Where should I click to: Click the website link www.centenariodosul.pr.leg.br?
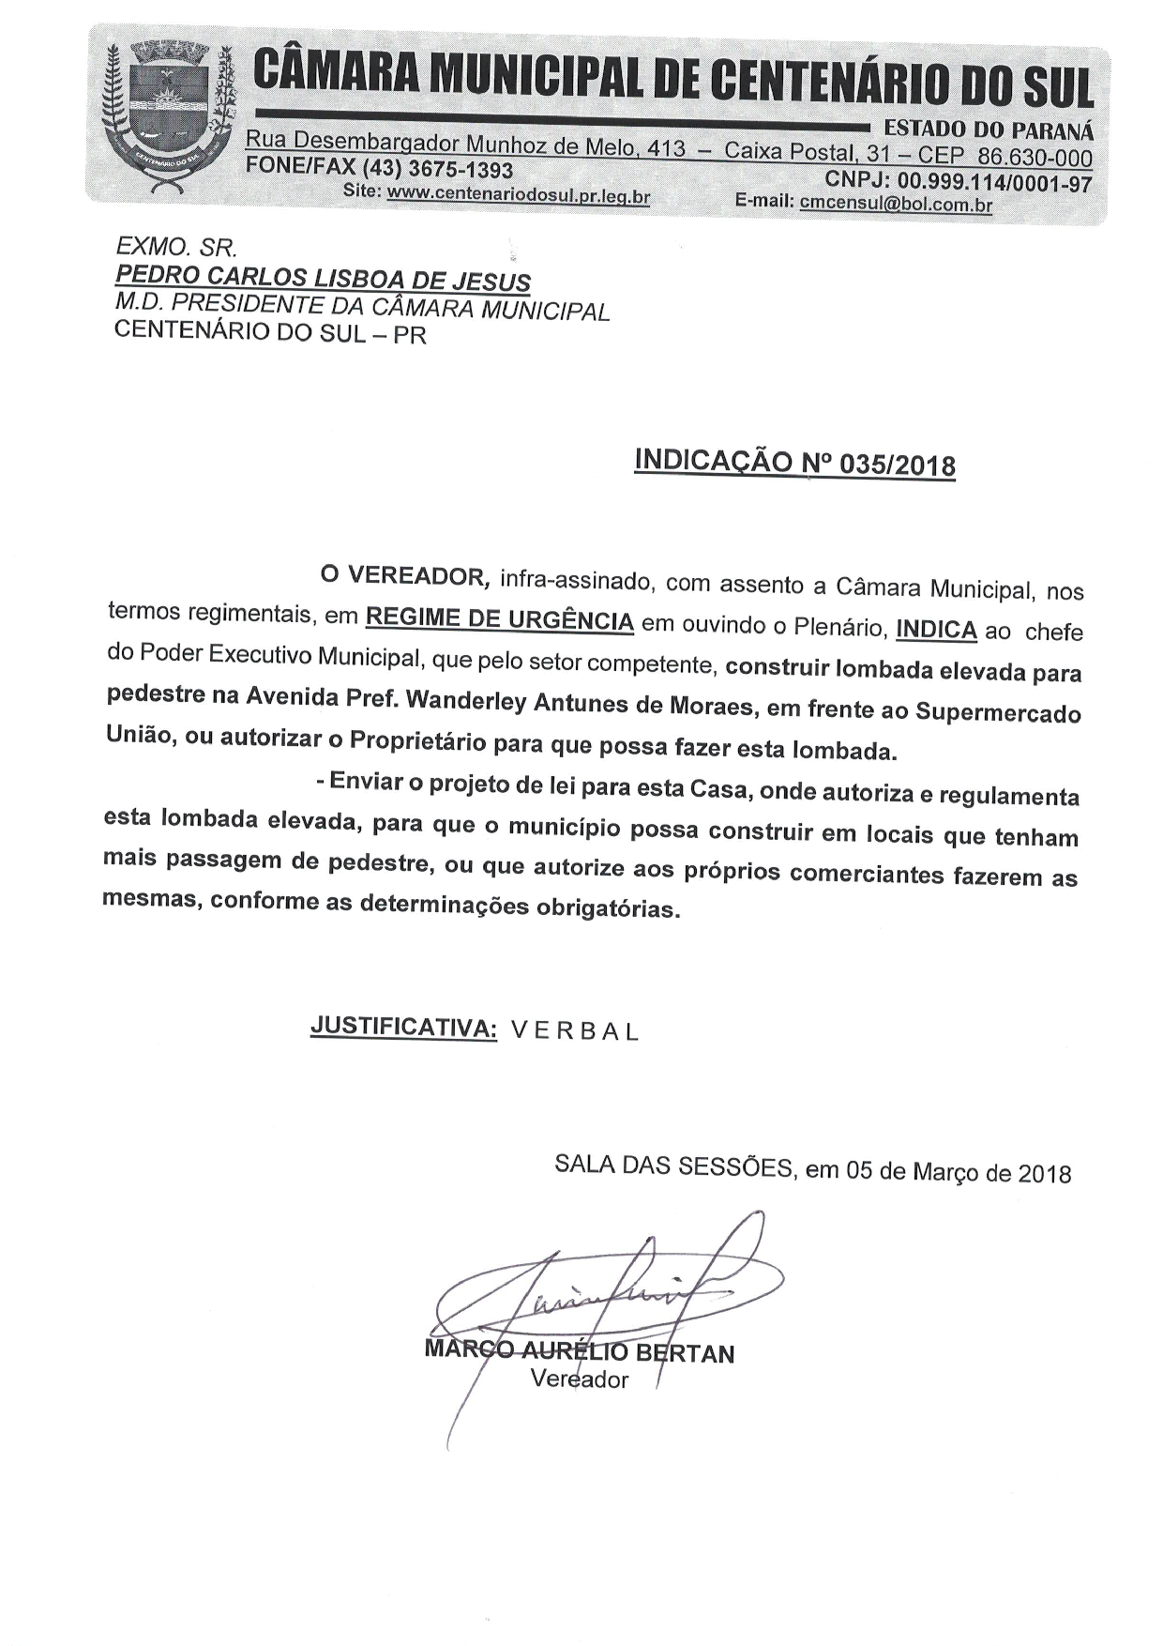click(x=518, y=195)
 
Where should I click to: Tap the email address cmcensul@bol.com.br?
click(x=896, y=204)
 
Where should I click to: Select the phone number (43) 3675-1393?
click(x=437, y=170)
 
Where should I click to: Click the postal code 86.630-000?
click(x=1035, y=157)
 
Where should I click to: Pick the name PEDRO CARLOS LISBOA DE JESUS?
click(x=322, y=280)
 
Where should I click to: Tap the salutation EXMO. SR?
click(x=175, y=247)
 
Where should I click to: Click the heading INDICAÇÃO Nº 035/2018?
click(x=795, y=463)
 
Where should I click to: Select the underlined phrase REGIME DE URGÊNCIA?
click(x=499, y=620)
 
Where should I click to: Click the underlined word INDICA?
click(x=936, y=629)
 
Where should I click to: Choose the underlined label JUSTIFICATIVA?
click(x=403, y=1027)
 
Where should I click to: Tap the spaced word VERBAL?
click(x=575, y=1031)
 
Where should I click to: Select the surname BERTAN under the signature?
click(x=686, y=1353)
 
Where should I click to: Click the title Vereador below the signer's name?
click(x=579, y=1379)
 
